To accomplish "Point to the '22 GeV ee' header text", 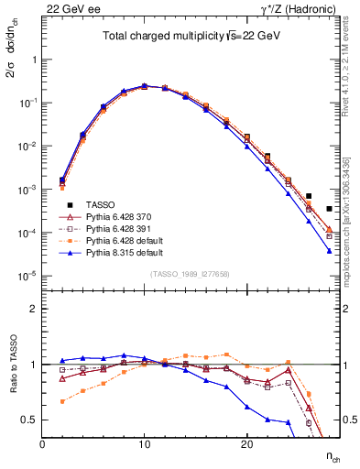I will pos(70,8).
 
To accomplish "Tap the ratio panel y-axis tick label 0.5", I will pos(30,420).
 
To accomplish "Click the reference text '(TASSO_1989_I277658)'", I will pos(191,274).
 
